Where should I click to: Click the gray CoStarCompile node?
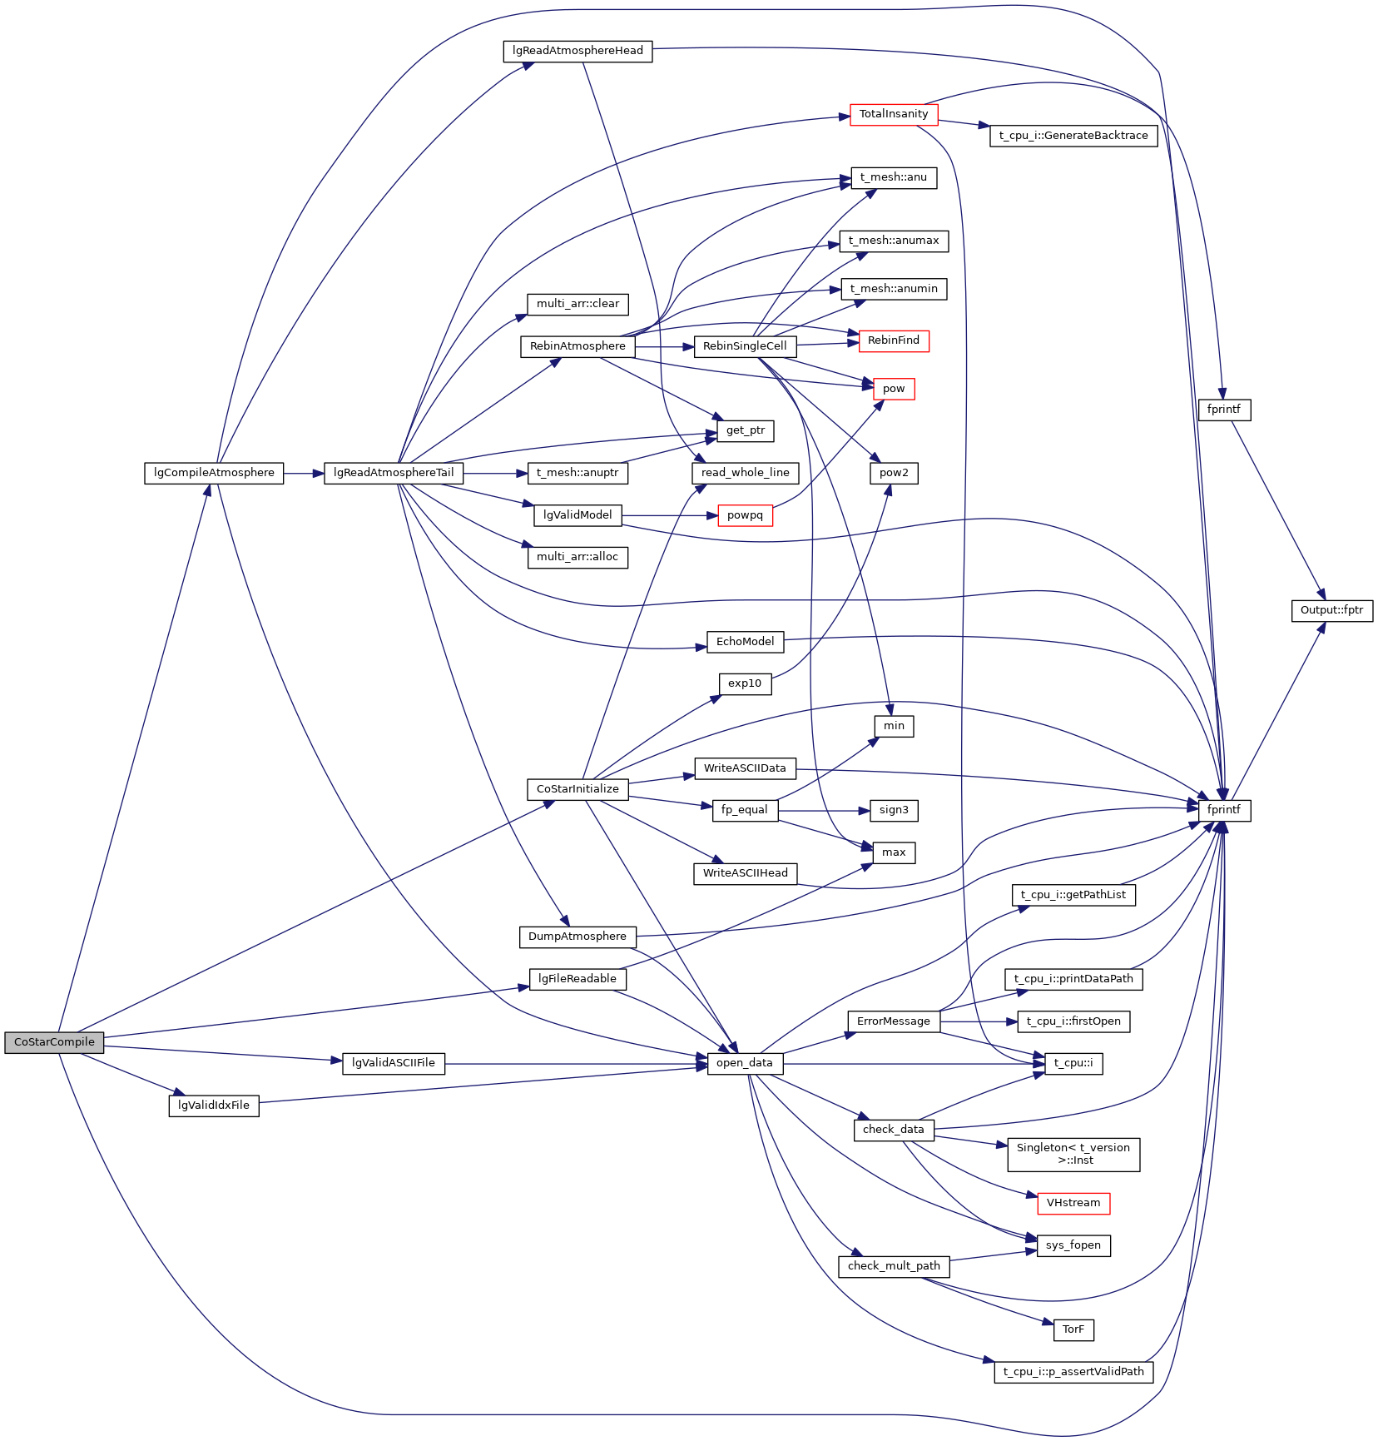tap(54, 1042)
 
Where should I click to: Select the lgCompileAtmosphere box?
tap(214, 473)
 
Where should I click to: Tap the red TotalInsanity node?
tap(894, 114)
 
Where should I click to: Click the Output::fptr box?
tap(1331, 610)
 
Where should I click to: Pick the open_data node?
tap(745, 1063)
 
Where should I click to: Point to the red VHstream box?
tap(1073, 1203)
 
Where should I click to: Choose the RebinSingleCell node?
tap(745, 346)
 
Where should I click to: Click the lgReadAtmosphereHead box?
tap(577, 51)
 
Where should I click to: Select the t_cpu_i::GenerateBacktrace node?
tap(1073, 136)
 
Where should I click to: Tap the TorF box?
tap(1073, 1329)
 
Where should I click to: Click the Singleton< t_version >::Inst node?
tap(1073, 1154)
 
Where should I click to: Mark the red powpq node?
tap(745, 515)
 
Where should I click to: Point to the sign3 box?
tap(894, 810)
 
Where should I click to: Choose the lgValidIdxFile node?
tap(214, 1106)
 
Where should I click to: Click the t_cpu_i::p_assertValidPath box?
tap(1073, 1372)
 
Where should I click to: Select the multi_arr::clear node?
tap(577, 304)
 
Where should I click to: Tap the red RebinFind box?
tap(894, 340)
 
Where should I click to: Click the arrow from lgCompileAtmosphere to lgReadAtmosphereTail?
tap(304, 473)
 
